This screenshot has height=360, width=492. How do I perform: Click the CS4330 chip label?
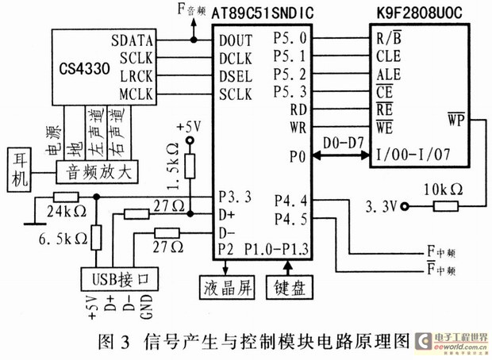pyautogui.click(x=84, y=69)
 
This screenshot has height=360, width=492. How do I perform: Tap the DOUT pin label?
pyautogui.click(x=236, y=40)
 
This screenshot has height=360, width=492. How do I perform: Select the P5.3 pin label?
pyautogui.click(x=290, y=92)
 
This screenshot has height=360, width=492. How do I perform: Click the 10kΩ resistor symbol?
pyautogui.click(x=445, y=206)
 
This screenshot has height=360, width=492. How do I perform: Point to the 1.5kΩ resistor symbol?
pyautogui.click(x=190, y=167)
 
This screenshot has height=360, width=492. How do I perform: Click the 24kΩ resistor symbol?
pyautogui.click(x=66, y=197)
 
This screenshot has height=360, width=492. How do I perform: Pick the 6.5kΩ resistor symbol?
pyautogui.click(x=96, y=237)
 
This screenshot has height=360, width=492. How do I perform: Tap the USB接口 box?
pyautogui.click(x=120, y=279)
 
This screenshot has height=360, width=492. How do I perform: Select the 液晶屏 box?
pyautogui.click(x=227, y=287)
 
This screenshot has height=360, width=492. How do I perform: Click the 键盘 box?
pyautogui.click(x=290, y=287)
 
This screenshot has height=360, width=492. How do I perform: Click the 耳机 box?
pyautogui.click(x=19, y=170)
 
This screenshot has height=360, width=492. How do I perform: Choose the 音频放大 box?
pyautogui.click(x=97, y=172)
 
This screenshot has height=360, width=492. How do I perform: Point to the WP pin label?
pyautogui.click(x=456, y=119)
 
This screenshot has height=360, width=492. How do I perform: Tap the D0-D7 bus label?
pyautogui.click(x=344, y=144)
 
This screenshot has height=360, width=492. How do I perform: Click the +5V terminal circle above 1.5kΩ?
pyautogui.click(x=190, y=140)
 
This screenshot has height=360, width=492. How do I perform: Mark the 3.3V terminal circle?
pyautogui.click(x=406, y=206)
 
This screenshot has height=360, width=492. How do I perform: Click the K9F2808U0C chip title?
pyautogui.click(x=420, y=13)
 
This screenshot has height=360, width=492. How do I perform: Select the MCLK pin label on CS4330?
pyautogui.click(x=136, y=94)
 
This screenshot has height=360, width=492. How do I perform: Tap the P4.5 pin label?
pyautogui.click(x=291, y=219)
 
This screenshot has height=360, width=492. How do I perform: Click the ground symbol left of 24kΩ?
pyautogui.click(x=34, y=224)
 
